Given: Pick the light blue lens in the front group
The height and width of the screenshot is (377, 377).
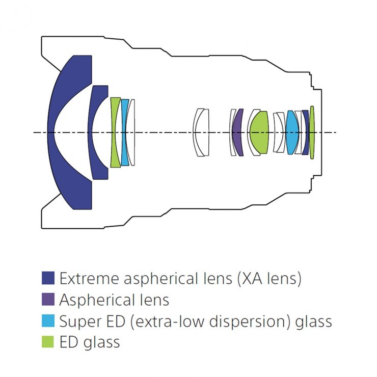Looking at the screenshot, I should pos(124,132).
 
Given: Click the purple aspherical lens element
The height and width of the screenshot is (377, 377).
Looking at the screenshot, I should pos(237,132).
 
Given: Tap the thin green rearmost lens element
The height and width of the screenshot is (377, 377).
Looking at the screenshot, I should pos(312,132).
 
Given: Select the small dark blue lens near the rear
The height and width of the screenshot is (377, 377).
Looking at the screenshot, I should pos(305,132).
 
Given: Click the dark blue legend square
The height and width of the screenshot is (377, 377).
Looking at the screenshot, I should pos(48,279).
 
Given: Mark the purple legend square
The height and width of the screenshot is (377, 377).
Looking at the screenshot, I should pos(48,300).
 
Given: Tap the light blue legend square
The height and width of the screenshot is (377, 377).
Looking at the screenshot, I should pos(48,321).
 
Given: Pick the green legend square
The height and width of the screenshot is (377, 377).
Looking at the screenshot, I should pos(48,342).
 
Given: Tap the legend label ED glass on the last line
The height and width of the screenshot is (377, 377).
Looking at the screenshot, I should pos(90,342).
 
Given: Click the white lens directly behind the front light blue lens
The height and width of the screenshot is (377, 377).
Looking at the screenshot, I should pos(132,132).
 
